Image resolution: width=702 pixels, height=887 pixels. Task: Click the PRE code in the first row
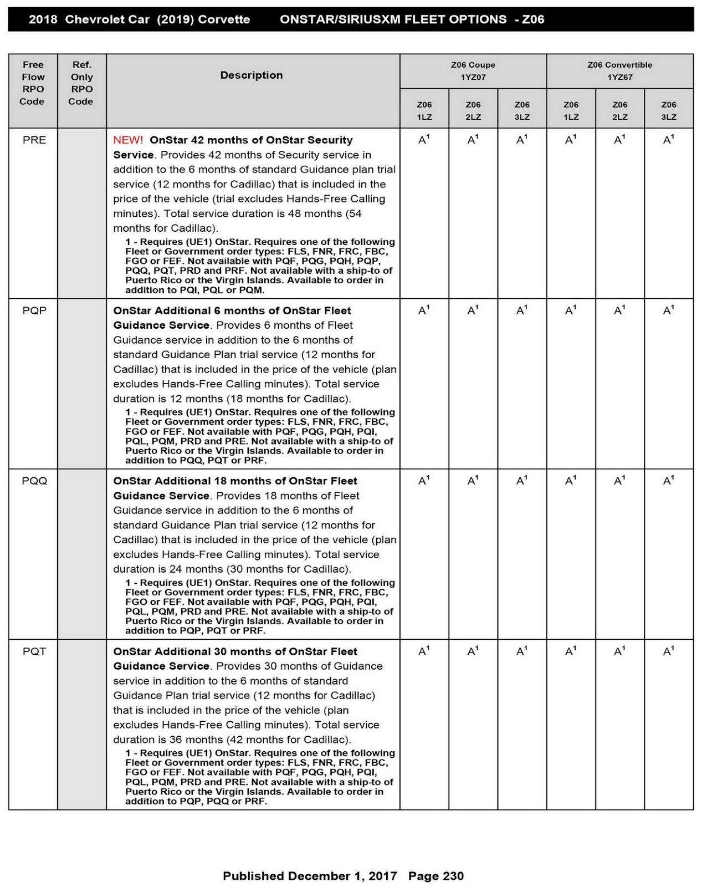(x=34, y=140)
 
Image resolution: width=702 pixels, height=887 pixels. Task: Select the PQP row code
(x=34, y=311)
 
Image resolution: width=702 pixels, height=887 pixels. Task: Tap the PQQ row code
(x=34, y=481)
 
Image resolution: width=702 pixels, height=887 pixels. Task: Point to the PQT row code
(x=34, y=652)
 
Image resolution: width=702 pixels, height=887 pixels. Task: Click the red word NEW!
(x=128, y=140)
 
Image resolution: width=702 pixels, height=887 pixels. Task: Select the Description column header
(x=252, y=75)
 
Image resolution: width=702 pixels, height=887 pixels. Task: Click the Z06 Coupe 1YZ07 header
(x=473, y=71)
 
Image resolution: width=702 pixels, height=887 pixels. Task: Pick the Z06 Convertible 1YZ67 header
(x=619, y=71)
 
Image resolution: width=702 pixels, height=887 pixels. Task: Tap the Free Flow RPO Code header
(x=33, y=83)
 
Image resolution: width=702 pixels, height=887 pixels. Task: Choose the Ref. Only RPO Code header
(x=81, y=83)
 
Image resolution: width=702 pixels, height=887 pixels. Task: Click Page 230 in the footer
(x=436, y=876)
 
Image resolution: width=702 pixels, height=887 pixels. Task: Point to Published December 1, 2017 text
(x=310, y=876)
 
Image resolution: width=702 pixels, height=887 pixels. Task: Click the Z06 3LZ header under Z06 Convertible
(x=669, y=111)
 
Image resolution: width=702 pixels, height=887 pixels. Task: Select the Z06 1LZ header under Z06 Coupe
(x=424, y=111)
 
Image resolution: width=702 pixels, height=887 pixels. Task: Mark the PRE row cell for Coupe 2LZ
(x=473, y=140)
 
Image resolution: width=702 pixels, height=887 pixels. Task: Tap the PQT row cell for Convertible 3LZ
(x=669, y=652)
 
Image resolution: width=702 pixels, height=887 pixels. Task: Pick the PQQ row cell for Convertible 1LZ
(x=571, y=481)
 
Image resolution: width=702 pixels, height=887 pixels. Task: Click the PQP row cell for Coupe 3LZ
(x=522, y=311)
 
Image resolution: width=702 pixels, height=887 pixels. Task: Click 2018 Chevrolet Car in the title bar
(x=89, y=19)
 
